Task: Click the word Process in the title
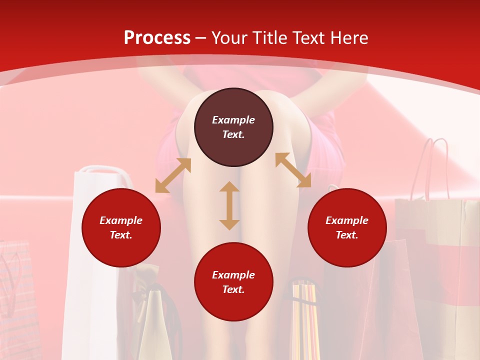click(x=157, y=38)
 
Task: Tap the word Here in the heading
click(x=348, y=38)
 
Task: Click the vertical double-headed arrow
click(x=229, y=205)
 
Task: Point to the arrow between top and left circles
click(x=173, y=175)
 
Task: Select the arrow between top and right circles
click(x=293, y=170)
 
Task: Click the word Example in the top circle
click(x=233, y=120)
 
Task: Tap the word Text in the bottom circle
click(x=233, y=289)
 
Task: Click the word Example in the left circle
click(x=121, y=220)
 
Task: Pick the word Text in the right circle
click(x=347, y=235)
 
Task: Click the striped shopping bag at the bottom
click(x=305, y=320)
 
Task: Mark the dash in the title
click(x=201, y=38)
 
